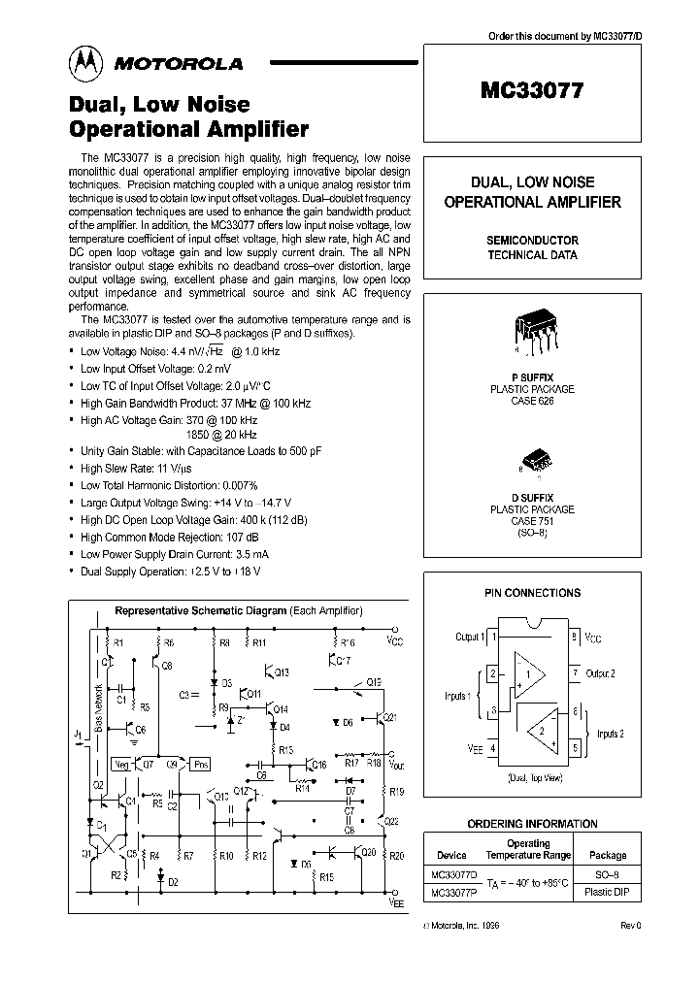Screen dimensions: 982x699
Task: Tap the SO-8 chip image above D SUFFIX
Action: click(531, 459)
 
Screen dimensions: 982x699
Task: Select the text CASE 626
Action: click(531, 401)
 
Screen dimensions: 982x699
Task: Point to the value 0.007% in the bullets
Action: click(233, 485)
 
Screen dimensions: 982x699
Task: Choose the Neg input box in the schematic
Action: click(121, 763)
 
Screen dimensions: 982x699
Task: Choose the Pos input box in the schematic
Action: click(199, 763)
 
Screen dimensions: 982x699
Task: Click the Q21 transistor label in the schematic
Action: click(389, 717)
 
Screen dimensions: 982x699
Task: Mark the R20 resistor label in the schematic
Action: click(395, 856)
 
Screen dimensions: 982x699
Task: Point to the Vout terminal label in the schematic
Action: click(395, 764)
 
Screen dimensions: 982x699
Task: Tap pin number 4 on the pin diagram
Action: click(493, 747)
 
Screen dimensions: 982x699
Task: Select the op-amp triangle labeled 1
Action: click(528, 673)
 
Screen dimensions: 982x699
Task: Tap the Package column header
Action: click(609, 856)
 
